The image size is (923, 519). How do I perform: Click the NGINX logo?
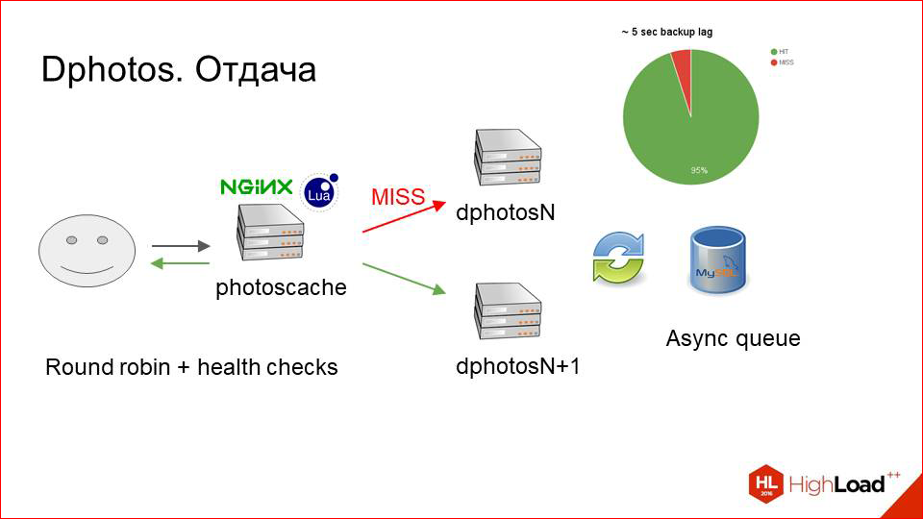[x=256, y=186]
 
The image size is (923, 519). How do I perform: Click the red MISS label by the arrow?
[x=397, y=198]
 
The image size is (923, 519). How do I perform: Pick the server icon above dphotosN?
[x=509, y=160]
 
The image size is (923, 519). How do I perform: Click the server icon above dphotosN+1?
[x=509, y=311]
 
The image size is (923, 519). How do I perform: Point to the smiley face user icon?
[x=84, y=249]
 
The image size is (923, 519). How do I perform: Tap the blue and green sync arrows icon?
[x=617, y=257]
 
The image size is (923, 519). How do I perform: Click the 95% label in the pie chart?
[x=699, y=170]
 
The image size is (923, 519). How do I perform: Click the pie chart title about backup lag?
[x=666, y=32]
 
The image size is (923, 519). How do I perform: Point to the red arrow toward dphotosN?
[x=404, y=217]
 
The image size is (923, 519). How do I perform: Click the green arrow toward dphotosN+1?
[x=404, y=277]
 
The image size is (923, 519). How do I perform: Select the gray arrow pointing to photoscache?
[x=180, y=247]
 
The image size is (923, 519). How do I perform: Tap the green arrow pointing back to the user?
[x=180, y=262]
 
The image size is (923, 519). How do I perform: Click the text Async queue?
[x=733, y=338]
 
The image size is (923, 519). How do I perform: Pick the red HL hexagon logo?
[x=765, y=483]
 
